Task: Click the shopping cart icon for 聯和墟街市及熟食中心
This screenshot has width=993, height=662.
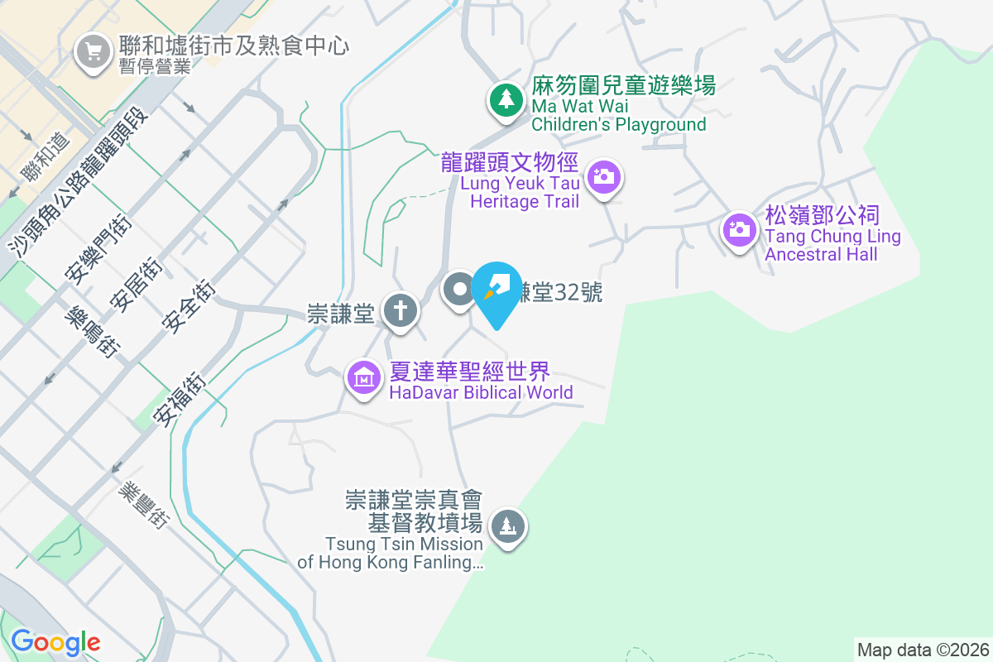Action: [93, 53]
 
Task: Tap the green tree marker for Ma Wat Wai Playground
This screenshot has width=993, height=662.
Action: [505, 100]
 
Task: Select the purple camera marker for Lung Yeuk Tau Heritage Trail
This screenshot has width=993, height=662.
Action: [604, 176]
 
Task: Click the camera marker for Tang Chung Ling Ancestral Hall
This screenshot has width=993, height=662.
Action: [738, 228]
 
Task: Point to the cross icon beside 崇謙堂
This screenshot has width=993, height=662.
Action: [401, 312]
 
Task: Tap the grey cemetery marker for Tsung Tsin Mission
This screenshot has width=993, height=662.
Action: [507, 526]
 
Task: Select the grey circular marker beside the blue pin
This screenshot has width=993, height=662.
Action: [458, 290]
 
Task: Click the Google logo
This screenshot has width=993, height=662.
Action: [55, 641]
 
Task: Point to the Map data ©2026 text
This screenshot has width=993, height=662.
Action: [922, 650]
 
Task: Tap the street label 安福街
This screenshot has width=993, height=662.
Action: [183, 399]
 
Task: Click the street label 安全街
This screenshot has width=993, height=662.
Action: [189, 306]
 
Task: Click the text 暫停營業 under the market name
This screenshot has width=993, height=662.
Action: [156, 67]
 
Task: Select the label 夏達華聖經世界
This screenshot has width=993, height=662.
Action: [470, 372]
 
